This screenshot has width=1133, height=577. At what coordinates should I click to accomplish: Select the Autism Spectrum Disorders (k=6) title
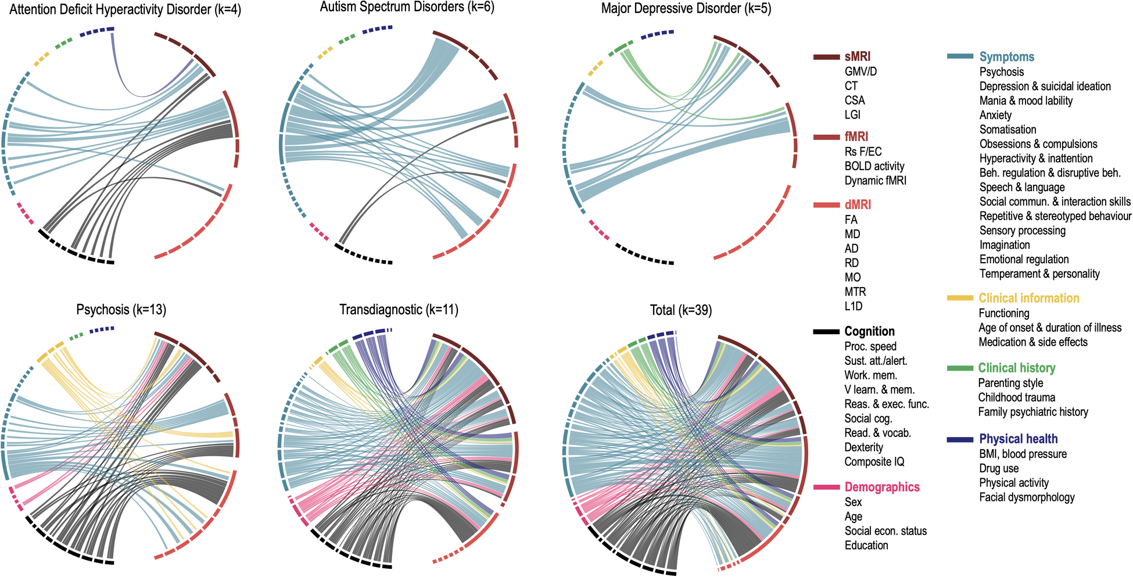coord(407,8)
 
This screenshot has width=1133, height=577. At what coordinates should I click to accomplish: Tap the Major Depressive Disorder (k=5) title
coord(686,9)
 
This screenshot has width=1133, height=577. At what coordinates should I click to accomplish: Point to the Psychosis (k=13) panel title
coord(121,310)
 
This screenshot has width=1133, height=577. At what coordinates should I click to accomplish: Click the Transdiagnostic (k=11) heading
coord(399,310)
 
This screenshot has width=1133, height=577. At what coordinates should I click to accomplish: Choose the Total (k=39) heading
coord(680,310)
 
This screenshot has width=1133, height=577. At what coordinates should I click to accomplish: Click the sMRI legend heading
coord(857,57)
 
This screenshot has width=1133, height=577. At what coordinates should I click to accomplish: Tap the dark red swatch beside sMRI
coord(826,57)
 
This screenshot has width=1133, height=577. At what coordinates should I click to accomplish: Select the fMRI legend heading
coord(856,137)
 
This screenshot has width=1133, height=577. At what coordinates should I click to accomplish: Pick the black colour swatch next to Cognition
coord(826,332)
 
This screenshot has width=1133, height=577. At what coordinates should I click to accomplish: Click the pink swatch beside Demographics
coord(826,488)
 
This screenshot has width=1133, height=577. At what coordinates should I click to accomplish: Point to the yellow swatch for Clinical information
coord(959,298)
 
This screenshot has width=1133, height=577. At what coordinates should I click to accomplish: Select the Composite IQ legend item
coord(874,462)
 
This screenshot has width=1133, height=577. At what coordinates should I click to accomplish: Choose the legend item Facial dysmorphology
coord(1027,497)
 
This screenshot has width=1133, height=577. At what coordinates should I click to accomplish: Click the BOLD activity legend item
coord(874,166)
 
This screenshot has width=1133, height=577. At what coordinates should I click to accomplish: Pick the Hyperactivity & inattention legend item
coord(1035,159)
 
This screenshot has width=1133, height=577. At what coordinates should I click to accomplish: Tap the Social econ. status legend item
coord(885,531)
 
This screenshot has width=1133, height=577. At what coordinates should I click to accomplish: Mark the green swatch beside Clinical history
coord(959,368)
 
